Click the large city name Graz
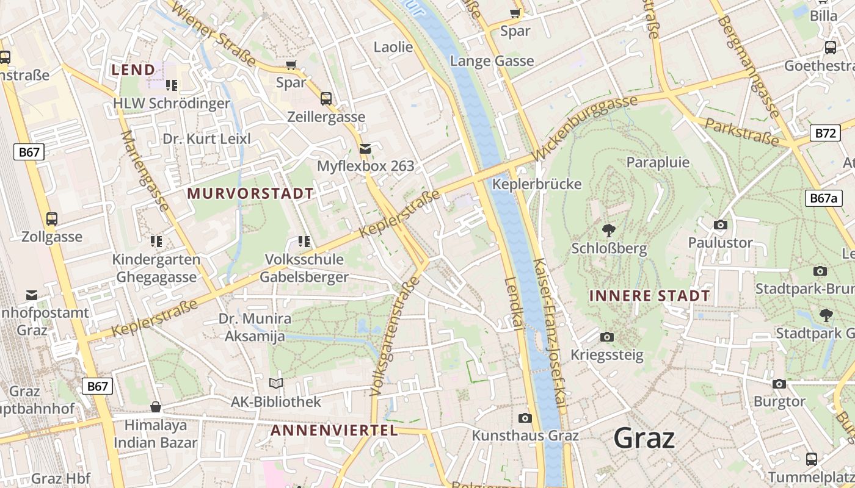tap(644, 438)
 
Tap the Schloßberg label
tap(609, 249)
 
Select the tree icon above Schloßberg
tap(608, 231)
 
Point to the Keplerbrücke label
tap(537, 184)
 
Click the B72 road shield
tap(824, 133)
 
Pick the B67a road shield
tap(823, 198)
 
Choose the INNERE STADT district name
tap(649, 296)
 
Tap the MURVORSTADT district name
tap(250, 194)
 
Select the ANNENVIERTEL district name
tap(334, 431)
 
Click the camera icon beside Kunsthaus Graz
tap(525, 418)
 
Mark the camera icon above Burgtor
tap(779, 384)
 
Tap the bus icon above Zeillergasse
tap(326, 98)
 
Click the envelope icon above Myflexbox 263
tap(365, 148)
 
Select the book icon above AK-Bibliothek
tap(276, 383)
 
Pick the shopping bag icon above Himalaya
tap(156, 407)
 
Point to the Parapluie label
tap(658, 162)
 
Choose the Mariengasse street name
tap(145, 171)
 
